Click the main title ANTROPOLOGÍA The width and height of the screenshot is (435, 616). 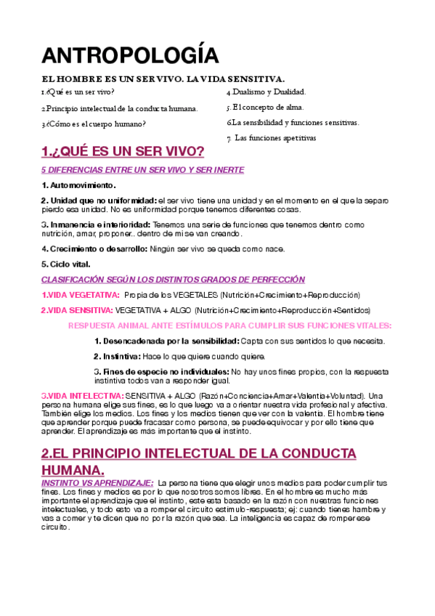click(130, 57)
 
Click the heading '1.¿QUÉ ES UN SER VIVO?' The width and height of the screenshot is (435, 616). click(123, 152)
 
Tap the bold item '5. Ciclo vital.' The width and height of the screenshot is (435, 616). click(65, 264)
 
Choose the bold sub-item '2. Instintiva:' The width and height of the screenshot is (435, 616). click(117, 356)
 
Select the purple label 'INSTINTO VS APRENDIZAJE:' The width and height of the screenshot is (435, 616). click(97, 483)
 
